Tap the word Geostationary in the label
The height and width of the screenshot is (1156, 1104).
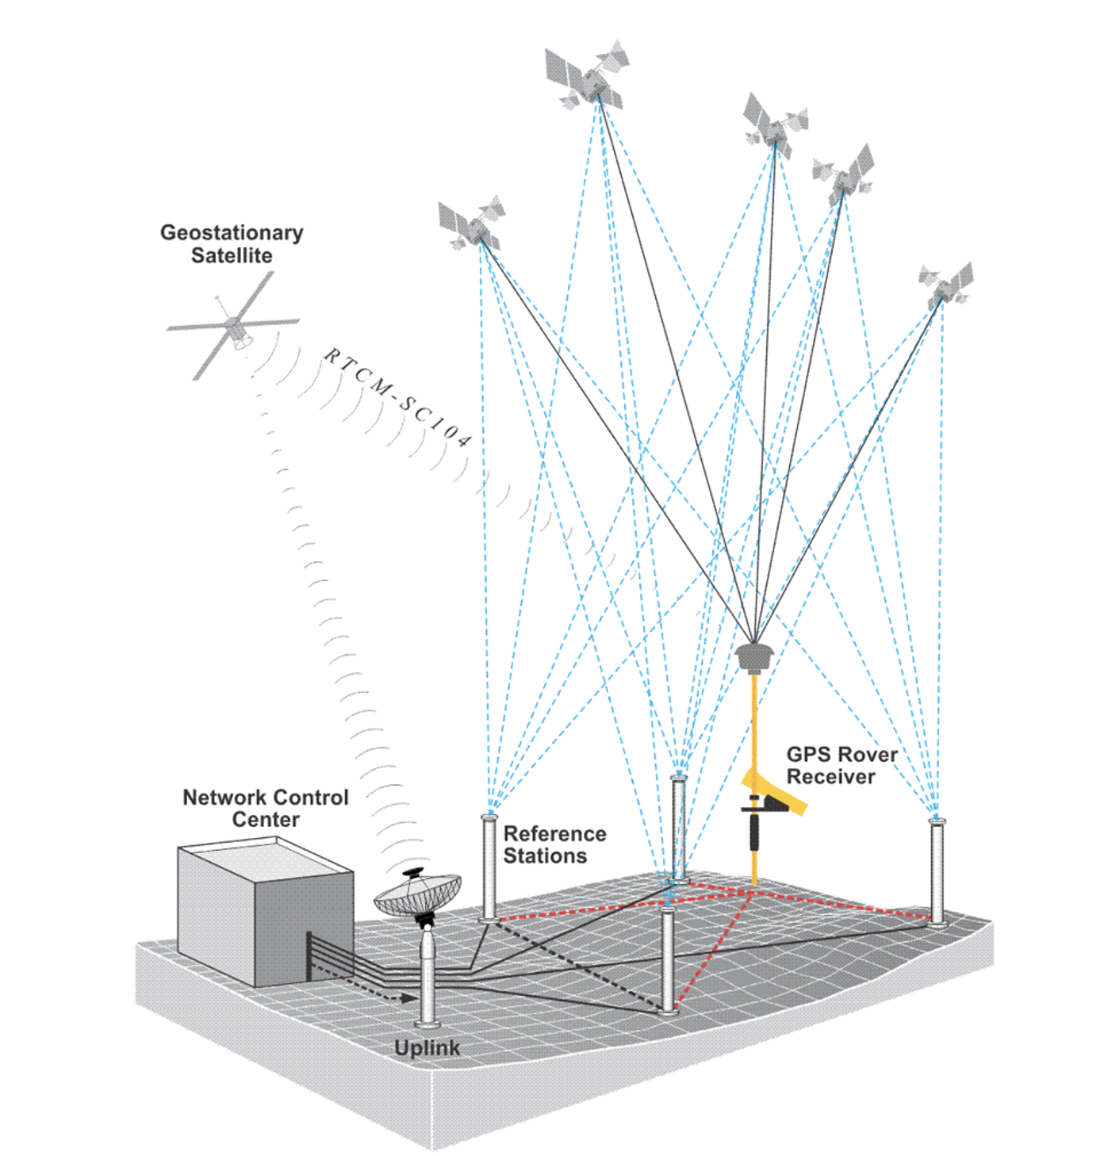click(232, 232)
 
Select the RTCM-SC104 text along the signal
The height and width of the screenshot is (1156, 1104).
click(397, 396)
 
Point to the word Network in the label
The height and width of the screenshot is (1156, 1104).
click(220, 798)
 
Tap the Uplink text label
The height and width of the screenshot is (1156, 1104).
click(427, 1048)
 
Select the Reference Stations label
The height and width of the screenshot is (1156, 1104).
click(554, 844)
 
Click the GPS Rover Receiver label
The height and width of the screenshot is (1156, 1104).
click(841, 765)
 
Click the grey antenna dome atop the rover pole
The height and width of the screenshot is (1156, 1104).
click(754, 656)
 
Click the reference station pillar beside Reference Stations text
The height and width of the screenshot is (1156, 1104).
click(489, 868)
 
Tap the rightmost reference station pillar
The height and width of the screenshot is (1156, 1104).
click(937, 872)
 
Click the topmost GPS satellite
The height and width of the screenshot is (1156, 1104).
click(587, 75)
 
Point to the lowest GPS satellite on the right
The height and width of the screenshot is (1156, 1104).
click(945, 283)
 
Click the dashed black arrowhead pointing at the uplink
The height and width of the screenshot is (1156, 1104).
click(408, 998)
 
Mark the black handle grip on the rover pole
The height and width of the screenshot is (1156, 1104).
click(754, 833)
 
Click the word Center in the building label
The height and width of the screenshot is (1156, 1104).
click(266, 820)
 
